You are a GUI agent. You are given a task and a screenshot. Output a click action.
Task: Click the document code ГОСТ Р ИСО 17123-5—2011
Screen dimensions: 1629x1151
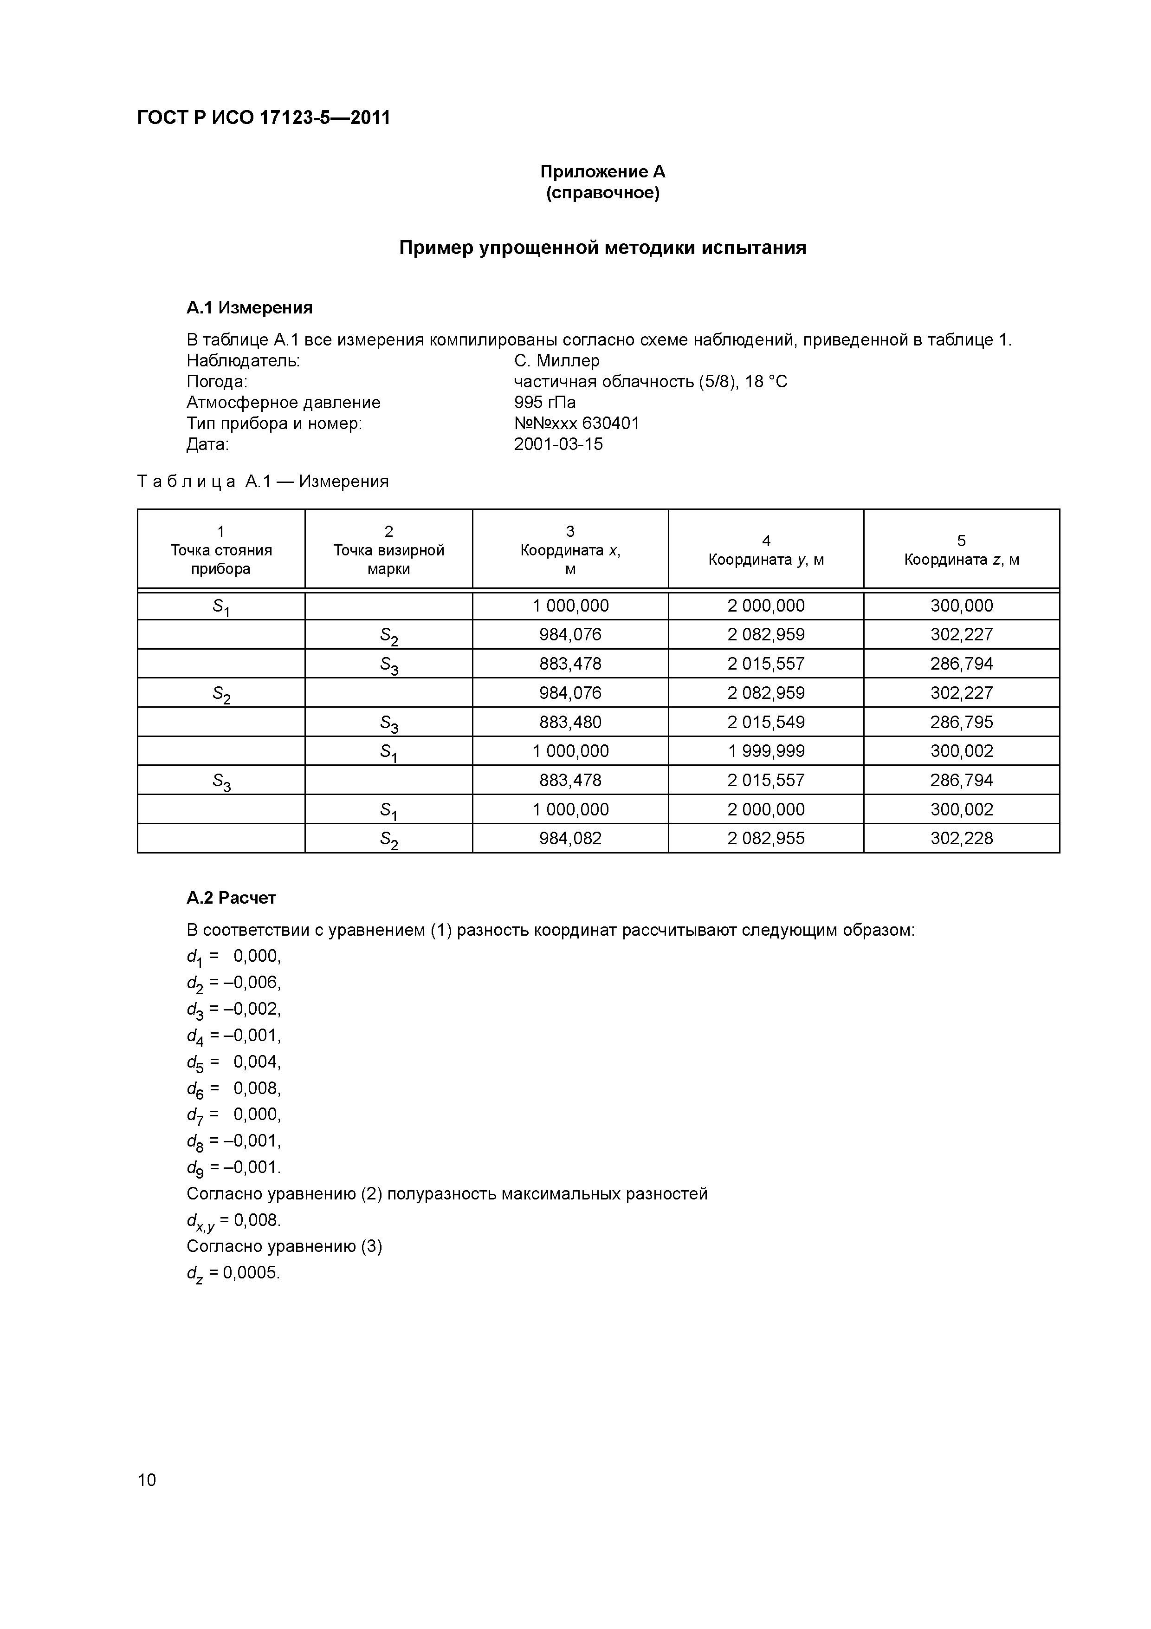263,118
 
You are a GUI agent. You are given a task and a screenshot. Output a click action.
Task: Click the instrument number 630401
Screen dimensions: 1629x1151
611,424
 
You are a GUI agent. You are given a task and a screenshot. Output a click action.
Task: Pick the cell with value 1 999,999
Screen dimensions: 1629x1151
765,750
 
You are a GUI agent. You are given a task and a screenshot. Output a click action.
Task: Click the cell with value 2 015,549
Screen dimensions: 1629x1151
765,722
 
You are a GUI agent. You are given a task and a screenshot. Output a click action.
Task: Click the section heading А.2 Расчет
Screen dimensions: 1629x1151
231,898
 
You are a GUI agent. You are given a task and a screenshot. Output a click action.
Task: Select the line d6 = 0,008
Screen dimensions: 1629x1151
234,1089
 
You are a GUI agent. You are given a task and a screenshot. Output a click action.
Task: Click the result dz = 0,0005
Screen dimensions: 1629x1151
233,1274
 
